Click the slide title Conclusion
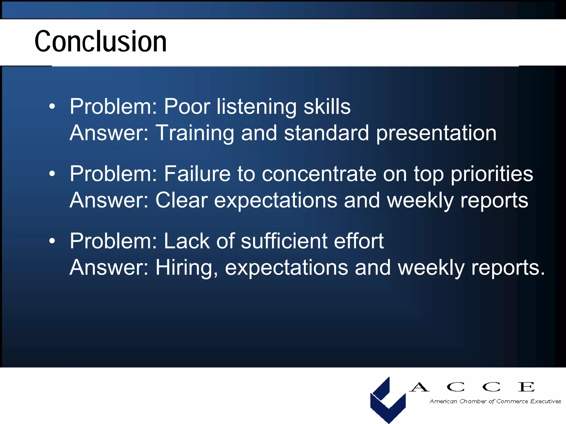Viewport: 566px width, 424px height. [101, 41]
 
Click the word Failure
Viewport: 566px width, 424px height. [197, 174]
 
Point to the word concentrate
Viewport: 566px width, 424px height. [319, 174]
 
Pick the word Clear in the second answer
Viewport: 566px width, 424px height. [181, 200]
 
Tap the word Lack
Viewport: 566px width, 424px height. [187, 241]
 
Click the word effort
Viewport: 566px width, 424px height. [359, 241]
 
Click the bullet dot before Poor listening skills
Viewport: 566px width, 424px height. [52, 107]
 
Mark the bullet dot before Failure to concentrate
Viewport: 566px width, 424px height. [52, 174]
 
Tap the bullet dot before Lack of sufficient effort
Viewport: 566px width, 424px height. [52, 241]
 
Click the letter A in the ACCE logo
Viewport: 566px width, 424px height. [419, 387]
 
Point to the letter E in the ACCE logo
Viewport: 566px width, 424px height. [526, 387]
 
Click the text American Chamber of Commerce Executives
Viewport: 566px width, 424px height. [495, 401]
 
